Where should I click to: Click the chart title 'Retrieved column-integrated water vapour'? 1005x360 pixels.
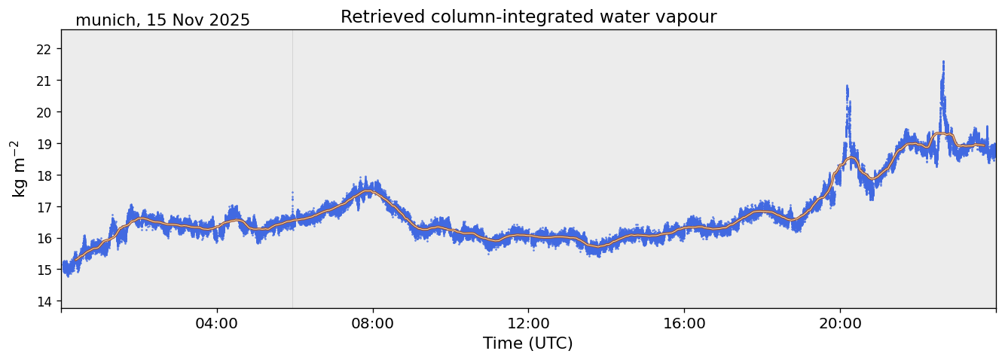[528, 17]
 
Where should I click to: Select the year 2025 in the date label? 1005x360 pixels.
[229, 21]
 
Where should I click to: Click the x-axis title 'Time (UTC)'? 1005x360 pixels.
[528, 344]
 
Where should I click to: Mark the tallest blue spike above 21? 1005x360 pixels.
[942, 63]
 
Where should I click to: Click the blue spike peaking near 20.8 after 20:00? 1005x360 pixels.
[847, 88]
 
